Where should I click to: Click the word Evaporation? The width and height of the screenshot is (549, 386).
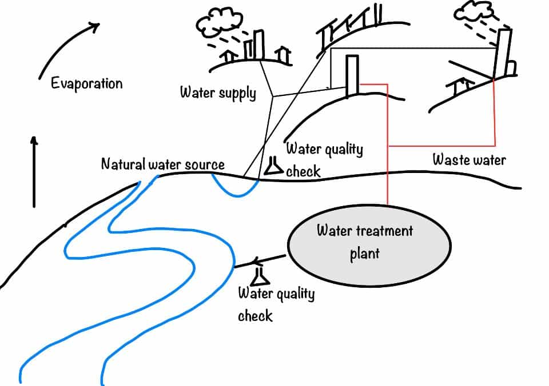(86, 84)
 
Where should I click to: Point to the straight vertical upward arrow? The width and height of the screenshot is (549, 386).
(34, 171)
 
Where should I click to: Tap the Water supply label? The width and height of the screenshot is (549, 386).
(218, 93)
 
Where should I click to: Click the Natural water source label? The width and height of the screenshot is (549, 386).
(162, 164)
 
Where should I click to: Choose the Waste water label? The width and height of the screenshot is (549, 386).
(469, 160)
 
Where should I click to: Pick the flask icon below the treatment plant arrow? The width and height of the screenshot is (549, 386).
(260, 276)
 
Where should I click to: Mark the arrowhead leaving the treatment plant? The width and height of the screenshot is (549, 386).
(256, 263)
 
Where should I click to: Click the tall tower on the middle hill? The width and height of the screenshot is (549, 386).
(352, 75)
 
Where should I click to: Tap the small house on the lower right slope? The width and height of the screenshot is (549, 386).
(462, 87)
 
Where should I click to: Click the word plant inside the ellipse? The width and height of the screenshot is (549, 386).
(364, 253)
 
